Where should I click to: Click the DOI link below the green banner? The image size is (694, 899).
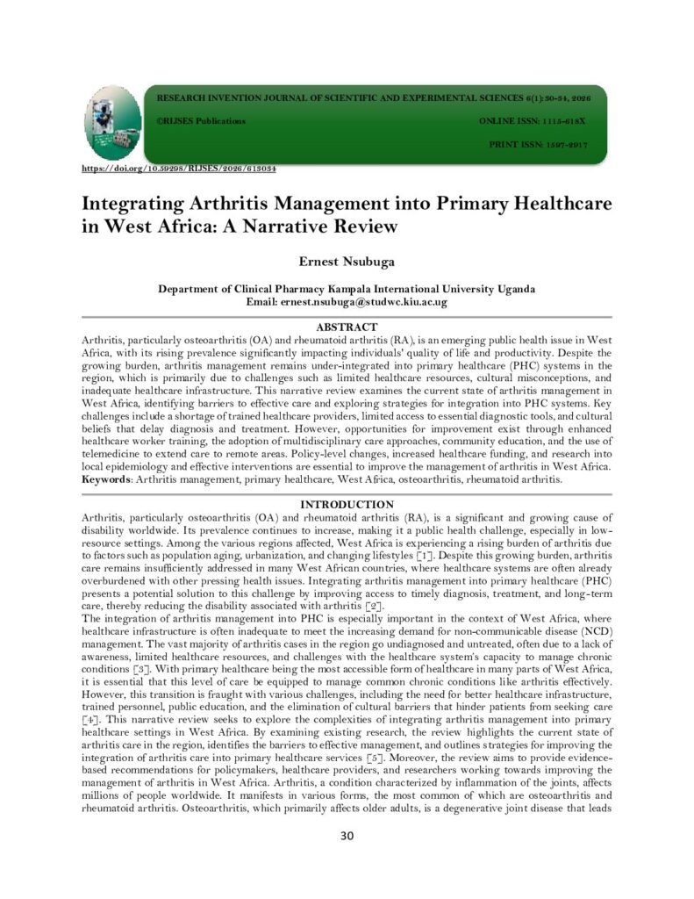coord(179,168)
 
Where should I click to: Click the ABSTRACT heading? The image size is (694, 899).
coord(347,327)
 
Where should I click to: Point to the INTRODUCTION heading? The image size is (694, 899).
coord(347,505)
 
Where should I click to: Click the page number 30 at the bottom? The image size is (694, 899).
coord(347,835)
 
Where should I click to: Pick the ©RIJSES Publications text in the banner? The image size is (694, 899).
coord(201,120)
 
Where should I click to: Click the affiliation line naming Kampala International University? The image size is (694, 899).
coord(347,289)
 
